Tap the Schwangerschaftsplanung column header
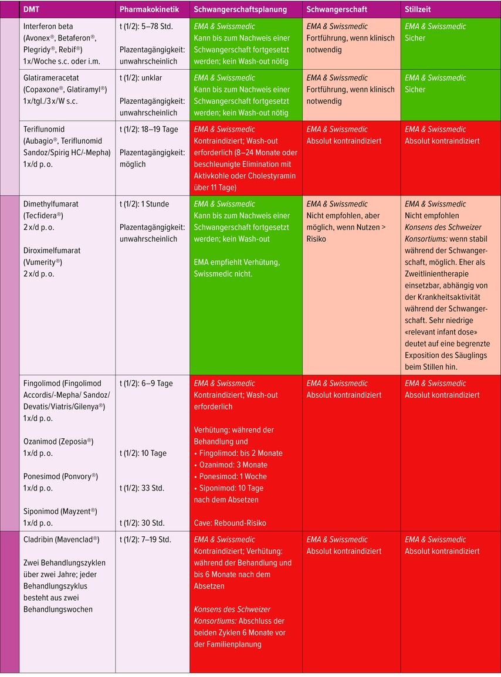pos(240,10)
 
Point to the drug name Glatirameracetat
pos(51,78)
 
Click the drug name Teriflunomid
pos(44,130)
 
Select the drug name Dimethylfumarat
pos(50,204)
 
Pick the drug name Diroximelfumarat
pos(53,251)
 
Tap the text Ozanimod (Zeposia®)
pos(58,442)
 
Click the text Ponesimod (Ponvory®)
pos(60,476)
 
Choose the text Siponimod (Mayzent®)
pos(60,512)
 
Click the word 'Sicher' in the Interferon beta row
pos(415,38)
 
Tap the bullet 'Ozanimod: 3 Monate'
pos(231,465)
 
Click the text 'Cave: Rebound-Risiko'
pos(230,523)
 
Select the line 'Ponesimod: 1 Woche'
pos(231,477)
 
